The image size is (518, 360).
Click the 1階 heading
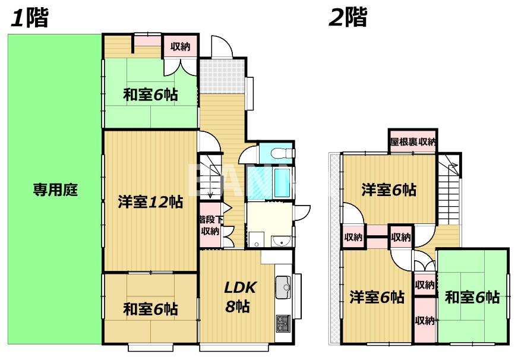(29, 18)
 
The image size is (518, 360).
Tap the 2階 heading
(348, 18)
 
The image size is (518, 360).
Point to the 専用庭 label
(55, 191)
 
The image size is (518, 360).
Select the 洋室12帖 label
(150, 202)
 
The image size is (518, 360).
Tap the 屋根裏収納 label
(413, 142)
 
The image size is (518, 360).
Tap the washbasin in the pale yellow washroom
(280, 241)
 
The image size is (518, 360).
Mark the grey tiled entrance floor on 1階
(222, 76)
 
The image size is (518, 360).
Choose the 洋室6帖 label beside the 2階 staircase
(389, 190)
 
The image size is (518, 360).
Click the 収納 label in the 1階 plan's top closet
(180, 46)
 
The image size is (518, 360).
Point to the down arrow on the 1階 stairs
(211, 192)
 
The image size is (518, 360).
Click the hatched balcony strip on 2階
(334, 250)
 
